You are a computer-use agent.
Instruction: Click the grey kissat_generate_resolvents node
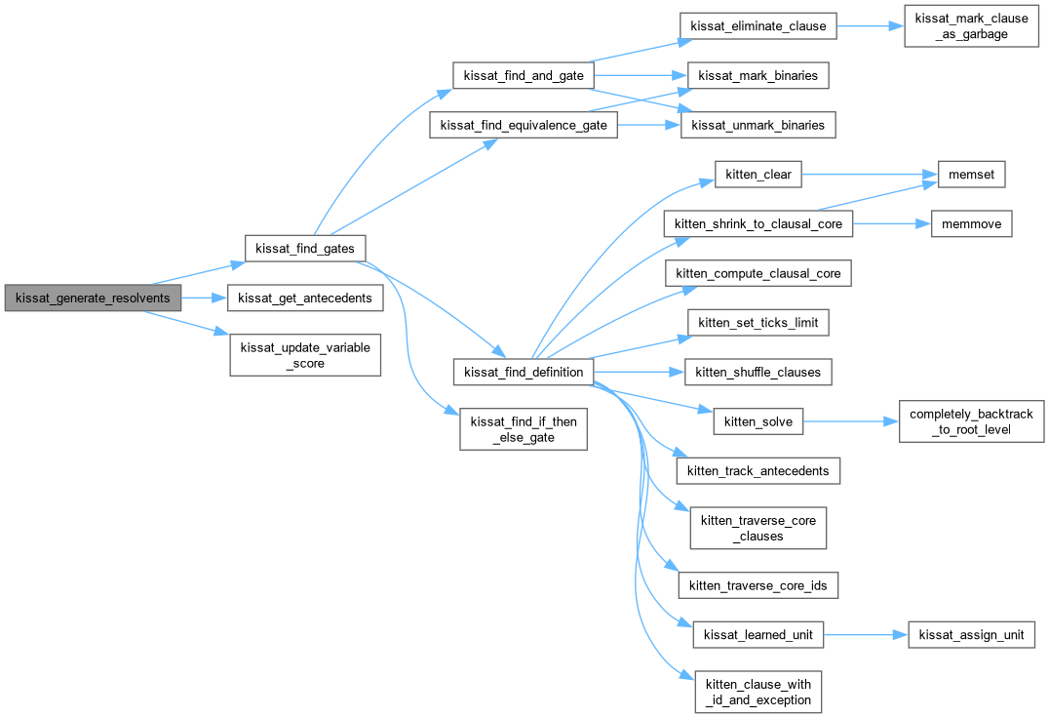click(x=93, y=298)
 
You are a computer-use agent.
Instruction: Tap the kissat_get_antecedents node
click(x=304, y=298)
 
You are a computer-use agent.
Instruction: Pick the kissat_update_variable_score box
click(x=304, y=355)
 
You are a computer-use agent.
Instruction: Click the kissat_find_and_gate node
click(x=523, y=75)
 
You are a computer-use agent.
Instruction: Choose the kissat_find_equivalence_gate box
click(x=524, y=125)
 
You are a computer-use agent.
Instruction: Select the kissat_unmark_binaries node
click(x=758, y=125)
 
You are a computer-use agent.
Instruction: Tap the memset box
click(x=971, y=175)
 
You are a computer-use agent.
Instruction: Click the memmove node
click(x=971, y=223)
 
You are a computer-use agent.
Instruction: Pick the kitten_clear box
click(x=758, y=175)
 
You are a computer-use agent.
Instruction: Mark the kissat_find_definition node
click(x=524, y=372)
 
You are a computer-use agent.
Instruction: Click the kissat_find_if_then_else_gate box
click(x=524, y=428)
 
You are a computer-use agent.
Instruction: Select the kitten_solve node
click(x=758, y=421)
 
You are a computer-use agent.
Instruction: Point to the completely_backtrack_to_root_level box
click(x=971, y=421)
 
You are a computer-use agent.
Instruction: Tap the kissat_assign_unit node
click(x=971, y=635)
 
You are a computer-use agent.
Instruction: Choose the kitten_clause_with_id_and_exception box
click(x=758, y=692)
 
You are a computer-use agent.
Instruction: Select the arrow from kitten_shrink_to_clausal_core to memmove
click(x=886, y=223)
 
